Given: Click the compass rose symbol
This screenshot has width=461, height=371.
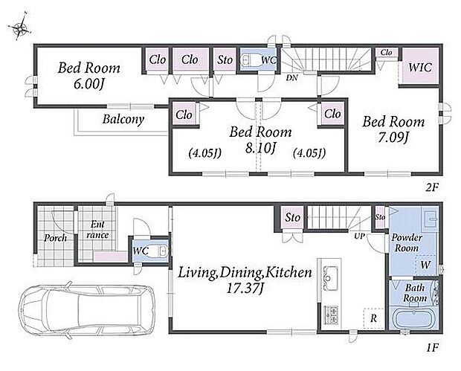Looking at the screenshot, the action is point(19,27).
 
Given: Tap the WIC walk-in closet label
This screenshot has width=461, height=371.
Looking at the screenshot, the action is point(420,68).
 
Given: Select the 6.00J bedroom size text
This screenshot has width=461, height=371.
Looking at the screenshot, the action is point(88,84).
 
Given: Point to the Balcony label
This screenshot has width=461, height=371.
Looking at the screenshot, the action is point(123,120).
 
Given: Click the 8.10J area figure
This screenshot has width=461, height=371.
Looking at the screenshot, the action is point(261,148).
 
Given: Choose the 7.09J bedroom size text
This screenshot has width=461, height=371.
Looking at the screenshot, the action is point(393,138).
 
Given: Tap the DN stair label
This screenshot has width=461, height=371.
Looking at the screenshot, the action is point(292,78).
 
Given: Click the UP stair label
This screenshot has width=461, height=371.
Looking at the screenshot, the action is point(359,236).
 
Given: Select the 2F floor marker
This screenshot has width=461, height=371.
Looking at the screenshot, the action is point(432,187).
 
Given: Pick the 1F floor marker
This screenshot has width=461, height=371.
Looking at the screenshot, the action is point(432,348).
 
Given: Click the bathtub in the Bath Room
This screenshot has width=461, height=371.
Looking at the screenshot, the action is point(413,319).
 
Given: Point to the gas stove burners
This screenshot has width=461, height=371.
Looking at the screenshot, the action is point(331,314).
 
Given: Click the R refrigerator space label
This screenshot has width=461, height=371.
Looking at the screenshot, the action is point(373,318).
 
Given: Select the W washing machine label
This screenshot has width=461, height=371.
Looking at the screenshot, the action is point(425,265).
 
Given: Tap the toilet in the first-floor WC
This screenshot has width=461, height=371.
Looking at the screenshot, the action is point(158,251).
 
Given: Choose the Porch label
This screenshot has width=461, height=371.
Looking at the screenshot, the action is point(55,238).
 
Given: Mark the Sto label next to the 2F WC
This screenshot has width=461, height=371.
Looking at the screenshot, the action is point(225,60).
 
